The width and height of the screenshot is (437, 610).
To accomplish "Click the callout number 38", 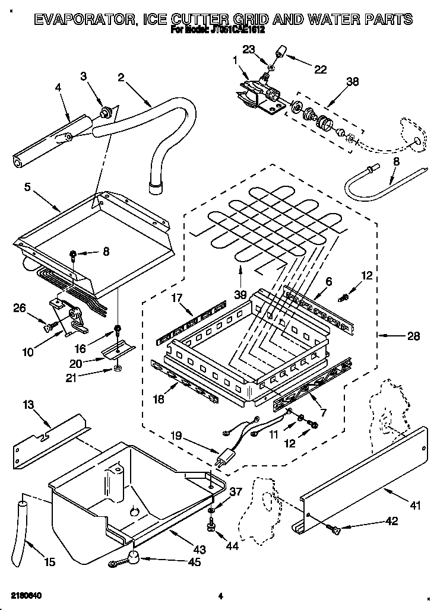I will point(352,82).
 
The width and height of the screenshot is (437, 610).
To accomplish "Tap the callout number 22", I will point(320,69).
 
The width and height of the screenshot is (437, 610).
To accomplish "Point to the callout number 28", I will point(413,336).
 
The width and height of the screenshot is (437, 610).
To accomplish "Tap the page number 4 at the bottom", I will point(220,595).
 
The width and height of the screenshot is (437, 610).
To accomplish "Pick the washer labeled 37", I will point(211,510).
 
